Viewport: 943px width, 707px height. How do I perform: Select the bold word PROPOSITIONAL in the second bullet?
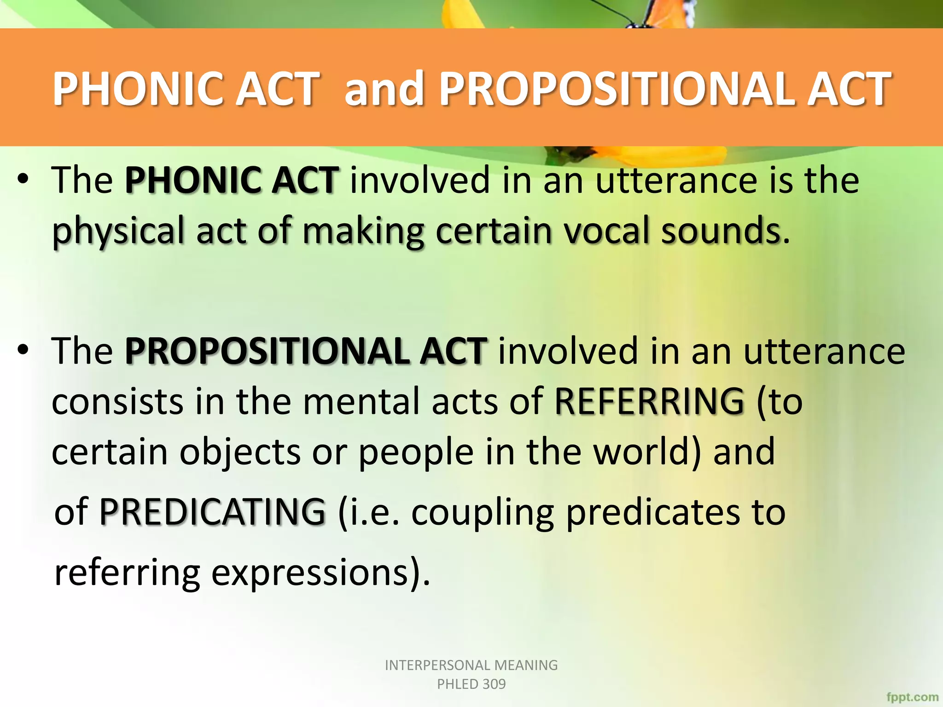[266, 351]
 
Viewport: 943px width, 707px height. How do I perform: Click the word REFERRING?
[649, 401]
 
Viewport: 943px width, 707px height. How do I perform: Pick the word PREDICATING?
[212, 512]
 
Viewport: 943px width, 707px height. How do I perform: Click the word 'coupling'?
[482, 513]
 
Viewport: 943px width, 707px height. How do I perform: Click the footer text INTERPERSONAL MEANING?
[471, 665]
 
